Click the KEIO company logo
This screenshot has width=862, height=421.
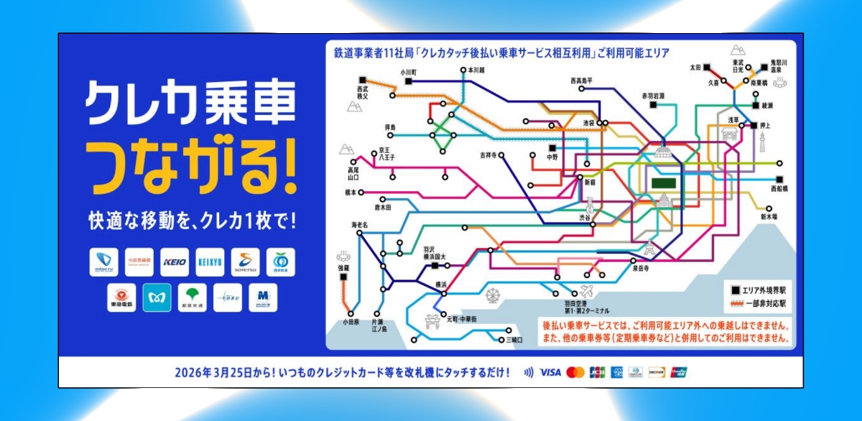coord(175,262)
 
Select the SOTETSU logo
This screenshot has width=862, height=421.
coord(245,262)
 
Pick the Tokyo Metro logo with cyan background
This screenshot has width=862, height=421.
coord(157,297)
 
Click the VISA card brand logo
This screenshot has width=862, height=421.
coord(550,372)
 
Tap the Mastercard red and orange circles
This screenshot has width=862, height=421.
coord(575,372)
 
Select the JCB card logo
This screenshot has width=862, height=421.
coord(597,372)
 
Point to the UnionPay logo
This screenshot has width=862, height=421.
coord(679,372)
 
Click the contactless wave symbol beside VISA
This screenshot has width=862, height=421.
coord(529,372)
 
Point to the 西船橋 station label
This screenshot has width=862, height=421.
coord(779,188)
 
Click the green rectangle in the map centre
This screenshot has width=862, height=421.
coord(665,183)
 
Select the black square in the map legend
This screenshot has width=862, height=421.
coord(734,290)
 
